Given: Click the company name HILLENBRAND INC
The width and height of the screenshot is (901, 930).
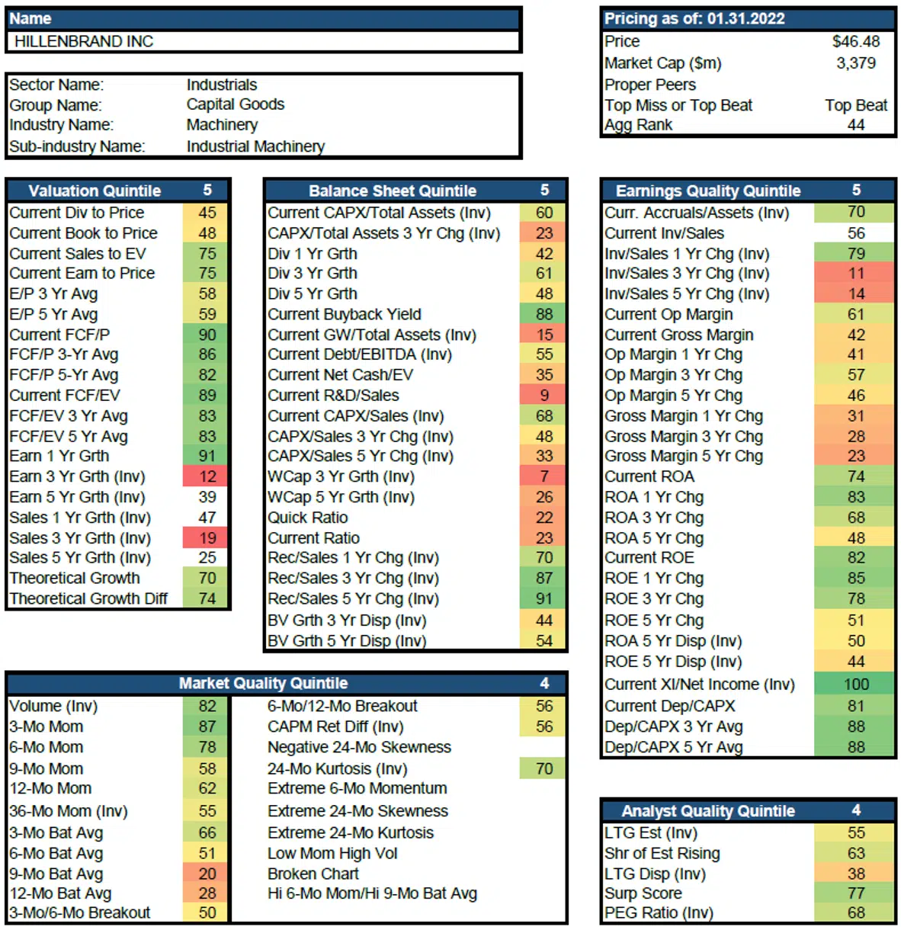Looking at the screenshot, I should point(84,41).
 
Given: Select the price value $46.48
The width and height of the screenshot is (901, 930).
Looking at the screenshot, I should point(855,41).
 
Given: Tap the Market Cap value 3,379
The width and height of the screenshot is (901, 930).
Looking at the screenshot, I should point(855,63).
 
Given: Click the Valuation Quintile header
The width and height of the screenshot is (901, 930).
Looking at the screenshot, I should point(95,191).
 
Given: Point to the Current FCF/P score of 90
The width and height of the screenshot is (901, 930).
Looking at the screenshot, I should point(207,335).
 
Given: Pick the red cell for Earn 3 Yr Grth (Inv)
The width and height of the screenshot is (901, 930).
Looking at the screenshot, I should point(207,476).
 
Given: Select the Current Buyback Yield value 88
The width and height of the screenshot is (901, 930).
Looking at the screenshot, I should point(543,314).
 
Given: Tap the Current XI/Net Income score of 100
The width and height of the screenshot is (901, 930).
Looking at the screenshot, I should point(855,684).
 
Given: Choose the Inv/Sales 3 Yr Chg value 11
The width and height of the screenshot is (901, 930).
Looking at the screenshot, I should point(855,273).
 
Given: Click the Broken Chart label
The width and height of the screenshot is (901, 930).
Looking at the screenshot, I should point(313,874).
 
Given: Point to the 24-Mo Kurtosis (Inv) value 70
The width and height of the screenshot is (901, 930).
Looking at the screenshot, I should point(543,768).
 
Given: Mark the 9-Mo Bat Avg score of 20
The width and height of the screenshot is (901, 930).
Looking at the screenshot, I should point(207,874).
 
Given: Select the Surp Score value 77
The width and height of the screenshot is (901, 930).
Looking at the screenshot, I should point(855,893).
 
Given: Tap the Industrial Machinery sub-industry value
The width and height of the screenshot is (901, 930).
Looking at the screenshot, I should point(255,146).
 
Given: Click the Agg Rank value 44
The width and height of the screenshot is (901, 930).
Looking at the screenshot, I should point(855,124).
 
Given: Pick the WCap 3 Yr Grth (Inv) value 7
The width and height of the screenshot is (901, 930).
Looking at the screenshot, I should point(543,476).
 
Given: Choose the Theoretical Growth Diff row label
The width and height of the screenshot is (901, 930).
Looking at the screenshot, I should point(88,598).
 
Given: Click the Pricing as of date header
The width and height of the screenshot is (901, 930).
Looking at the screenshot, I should point(694,18).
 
